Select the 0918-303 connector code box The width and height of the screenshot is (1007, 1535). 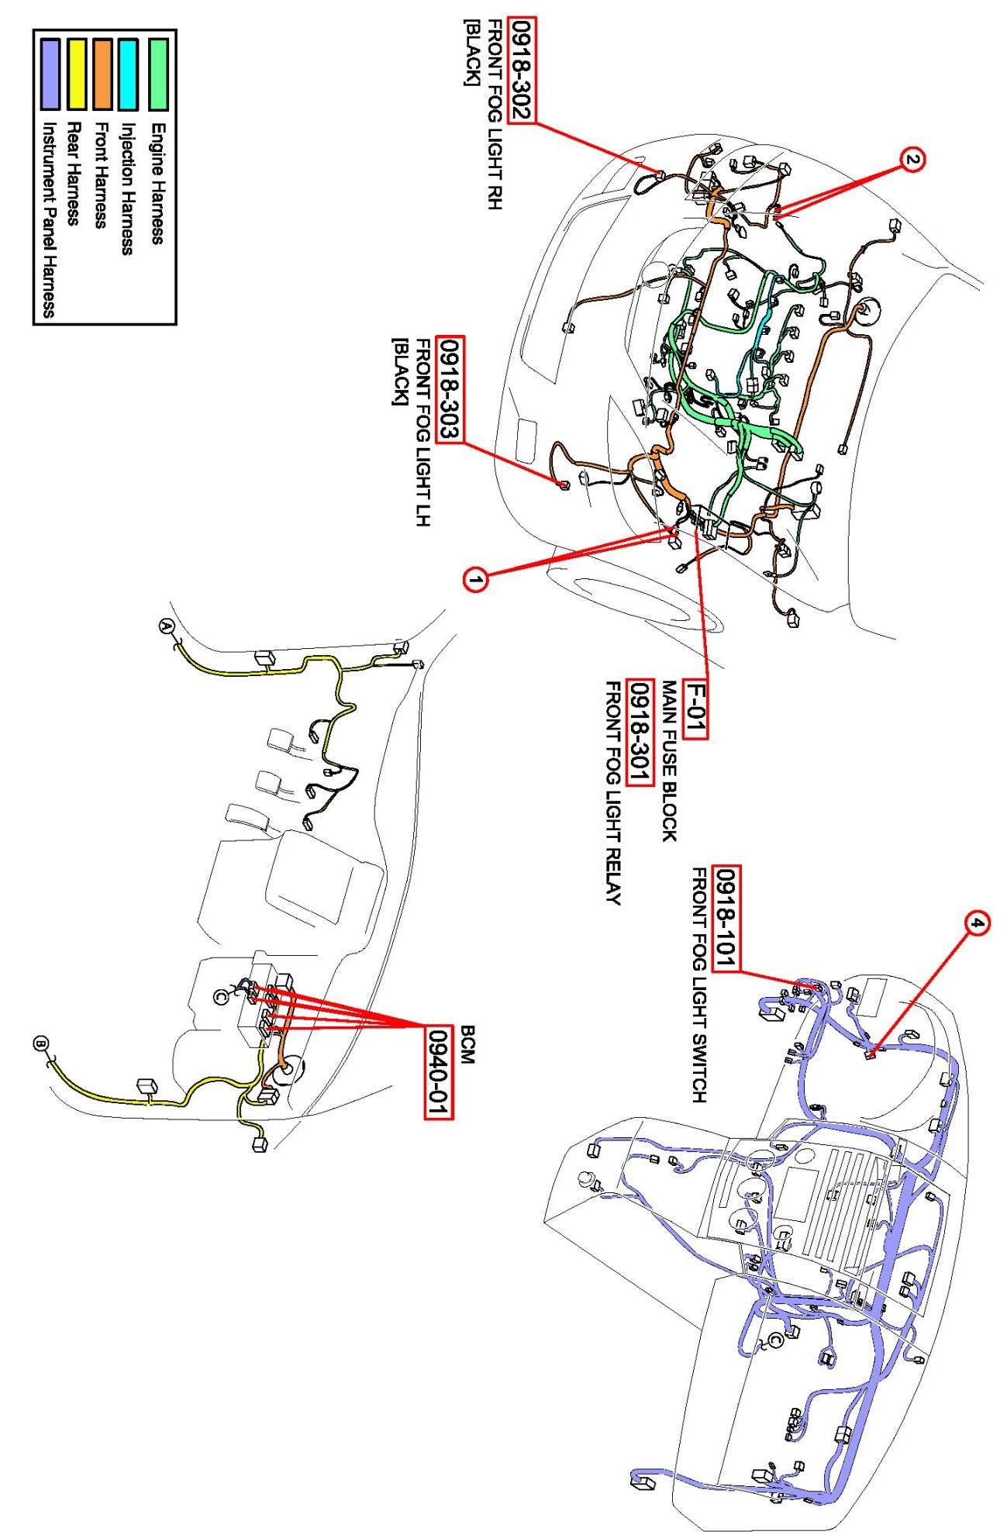pos(450,389)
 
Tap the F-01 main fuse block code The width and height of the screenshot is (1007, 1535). pos(696,710)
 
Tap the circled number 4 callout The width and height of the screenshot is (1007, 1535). pos(978,924)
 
